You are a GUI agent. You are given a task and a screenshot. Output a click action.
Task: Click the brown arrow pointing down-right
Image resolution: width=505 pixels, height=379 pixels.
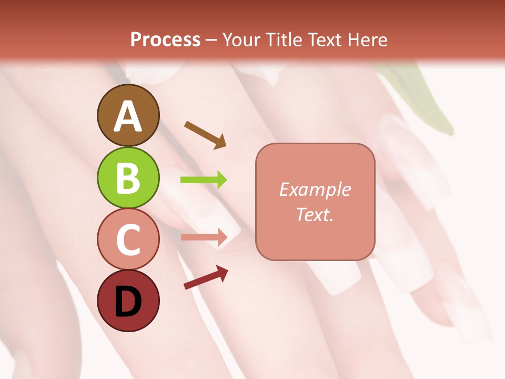click(x=205, y=135)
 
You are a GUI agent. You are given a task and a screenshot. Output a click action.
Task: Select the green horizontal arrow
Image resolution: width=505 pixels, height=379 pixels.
click(x=204, y=180)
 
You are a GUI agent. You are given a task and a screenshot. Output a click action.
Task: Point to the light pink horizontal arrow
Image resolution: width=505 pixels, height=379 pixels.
click(x=204, y=237)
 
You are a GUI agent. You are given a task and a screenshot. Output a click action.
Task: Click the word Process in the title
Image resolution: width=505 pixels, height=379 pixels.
click(x=165, y=39)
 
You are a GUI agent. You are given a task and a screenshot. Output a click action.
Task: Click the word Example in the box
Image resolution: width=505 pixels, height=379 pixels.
click(x=315, y=189)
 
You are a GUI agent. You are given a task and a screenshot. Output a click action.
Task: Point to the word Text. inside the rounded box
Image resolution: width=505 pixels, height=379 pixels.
click(x=315, y=214)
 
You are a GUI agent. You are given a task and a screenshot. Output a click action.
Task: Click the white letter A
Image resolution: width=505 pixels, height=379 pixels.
click(x=128, y=116)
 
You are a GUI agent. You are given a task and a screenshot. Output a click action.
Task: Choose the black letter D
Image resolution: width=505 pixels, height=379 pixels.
click(x=128, y=302)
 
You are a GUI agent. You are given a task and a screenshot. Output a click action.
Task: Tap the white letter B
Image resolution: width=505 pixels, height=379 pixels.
click(x=128, y=178)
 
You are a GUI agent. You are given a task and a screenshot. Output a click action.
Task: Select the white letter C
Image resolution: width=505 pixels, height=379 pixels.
click(x=128, y=240)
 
